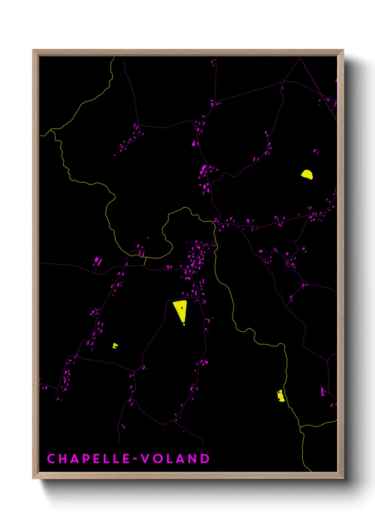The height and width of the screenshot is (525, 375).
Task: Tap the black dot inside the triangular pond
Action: tap(182, 308)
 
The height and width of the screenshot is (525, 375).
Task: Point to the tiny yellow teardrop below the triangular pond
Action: tap(184, 324)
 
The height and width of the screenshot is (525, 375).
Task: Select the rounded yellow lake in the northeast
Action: tap(307, 174)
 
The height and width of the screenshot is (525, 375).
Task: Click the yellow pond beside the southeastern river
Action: tap(281, 396)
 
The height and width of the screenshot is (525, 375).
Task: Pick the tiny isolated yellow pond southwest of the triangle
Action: tap(115, 346)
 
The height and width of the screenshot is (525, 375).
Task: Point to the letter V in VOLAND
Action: tap(145, 459)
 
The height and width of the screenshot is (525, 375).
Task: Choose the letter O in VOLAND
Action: tap(158, 459)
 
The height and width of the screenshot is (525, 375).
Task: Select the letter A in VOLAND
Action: tap(181, 459)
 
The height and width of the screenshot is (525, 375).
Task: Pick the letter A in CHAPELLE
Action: tap(74, 459)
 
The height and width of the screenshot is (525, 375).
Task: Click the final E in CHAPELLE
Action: tap(127, 459)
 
